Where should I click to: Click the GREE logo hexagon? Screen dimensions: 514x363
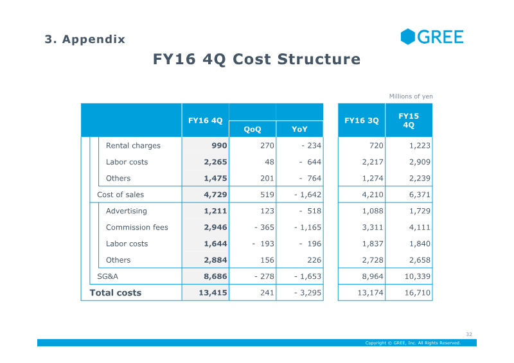[x=408, y=37]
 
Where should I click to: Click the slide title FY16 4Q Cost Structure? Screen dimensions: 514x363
[x=256, y=59]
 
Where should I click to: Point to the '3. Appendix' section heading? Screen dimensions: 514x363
[x=85, y=39]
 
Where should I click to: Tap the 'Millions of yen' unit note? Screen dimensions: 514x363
[x=411, y=96]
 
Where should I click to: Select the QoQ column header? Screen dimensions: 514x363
[x=253, y=129]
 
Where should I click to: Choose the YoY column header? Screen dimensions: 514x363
[x=299, y=129]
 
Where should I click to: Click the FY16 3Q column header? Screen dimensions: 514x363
[x=361, y=121]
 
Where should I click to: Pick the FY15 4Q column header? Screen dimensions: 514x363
[x=409, y=120]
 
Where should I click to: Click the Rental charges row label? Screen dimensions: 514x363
[x=133, y=146]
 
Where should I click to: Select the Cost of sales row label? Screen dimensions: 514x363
[x=120, y=195]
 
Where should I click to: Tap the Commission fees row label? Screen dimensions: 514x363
[x=137, y=227]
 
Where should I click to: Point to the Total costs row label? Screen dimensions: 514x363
[x=116, y=292]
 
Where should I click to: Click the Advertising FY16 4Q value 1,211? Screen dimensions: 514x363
[x=215, y=211]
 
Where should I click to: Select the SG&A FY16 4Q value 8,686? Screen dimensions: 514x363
[x=215, y=276]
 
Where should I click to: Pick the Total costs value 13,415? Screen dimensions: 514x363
[x=213, y=292]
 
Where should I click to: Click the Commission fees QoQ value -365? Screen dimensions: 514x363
[x=264, y=227]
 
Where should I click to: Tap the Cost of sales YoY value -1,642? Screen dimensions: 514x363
[x=308, y=195]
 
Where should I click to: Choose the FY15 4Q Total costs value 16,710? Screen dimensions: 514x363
[x=417, y=292]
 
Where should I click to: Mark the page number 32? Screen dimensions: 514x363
[x=469, y=334]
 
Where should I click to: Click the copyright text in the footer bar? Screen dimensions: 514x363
[x=413, y=342]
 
